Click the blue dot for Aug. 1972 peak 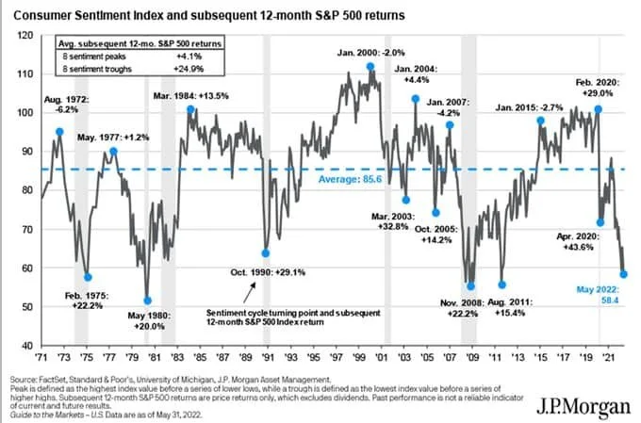click(x=60, y=132)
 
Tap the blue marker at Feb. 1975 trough click(x=88, y=277)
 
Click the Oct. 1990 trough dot click(x=265, y=252)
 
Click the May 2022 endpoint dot click(x=624, y=273)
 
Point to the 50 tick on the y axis click(x=27, y=307)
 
